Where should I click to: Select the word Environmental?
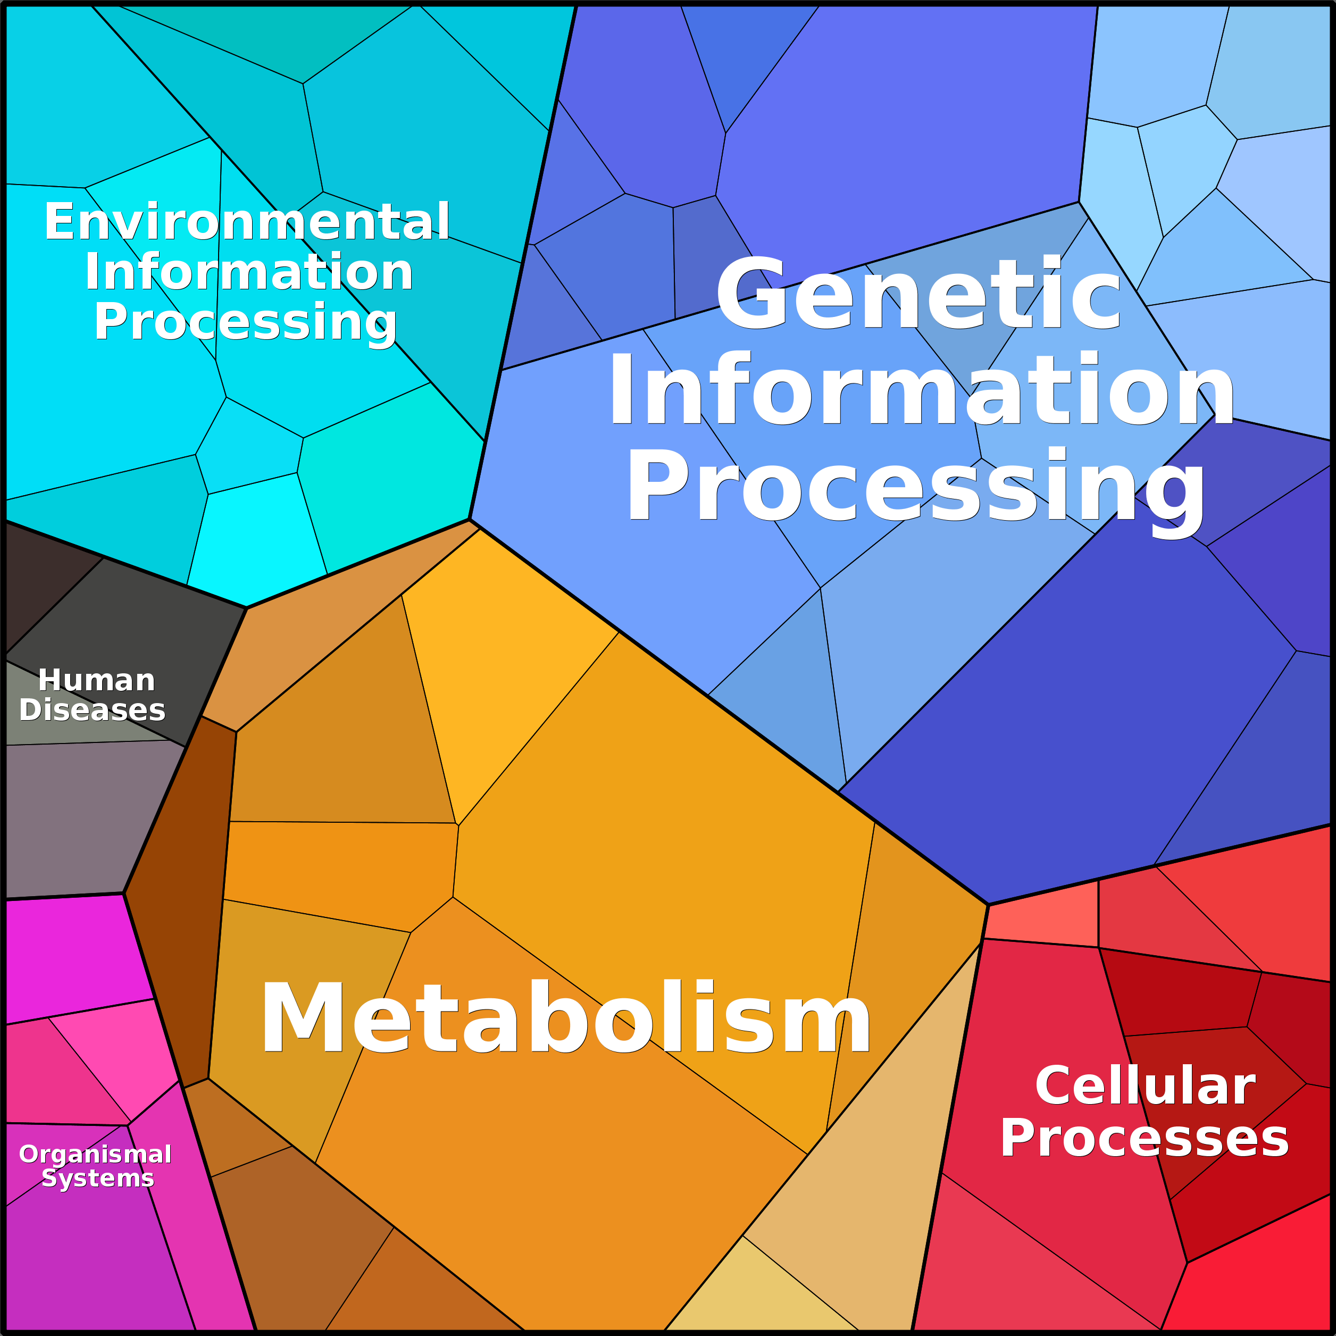(247, 222)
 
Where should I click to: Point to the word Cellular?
(1145, 1087)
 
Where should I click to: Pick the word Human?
(96, 680)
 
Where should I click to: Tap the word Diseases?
(92, 710)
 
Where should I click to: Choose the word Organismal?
(95, 1154)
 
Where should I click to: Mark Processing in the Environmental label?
(246, 322)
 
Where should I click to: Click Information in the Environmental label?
(249, 272)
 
